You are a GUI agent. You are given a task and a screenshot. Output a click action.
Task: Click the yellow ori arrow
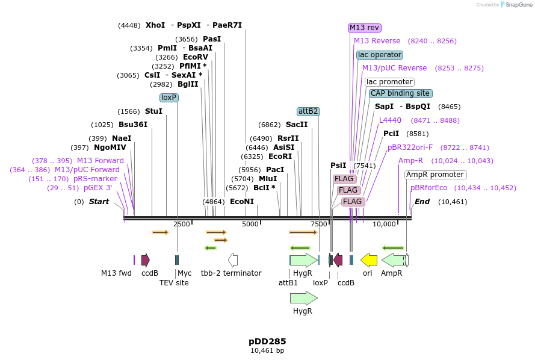click(x=368, y=259)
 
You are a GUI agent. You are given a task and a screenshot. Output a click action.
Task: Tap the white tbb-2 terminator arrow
click(x=233, y=259)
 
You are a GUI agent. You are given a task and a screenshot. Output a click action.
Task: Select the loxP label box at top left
click(x=169, y=98)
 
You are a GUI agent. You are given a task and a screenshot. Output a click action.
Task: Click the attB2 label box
click(x=309, y=111)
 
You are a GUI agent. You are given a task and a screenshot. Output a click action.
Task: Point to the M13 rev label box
click(x=365, y=28)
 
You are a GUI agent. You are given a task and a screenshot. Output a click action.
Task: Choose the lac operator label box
click(x=379, y=55)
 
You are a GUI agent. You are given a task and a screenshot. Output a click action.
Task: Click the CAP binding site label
click(x=400, y=93)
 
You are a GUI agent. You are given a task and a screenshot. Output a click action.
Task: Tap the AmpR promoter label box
click(x=435, y=175)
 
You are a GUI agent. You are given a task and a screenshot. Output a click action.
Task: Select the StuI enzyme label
click(x=153, y=111)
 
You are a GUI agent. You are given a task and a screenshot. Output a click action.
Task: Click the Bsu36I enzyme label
click(x=133, y=125)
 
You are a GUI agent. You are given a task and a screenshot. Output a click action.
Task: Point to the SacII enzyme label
click(x=297, y=125)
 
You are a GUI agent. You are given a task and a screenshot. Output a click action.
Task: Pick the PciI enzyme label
click(x=391, y=134)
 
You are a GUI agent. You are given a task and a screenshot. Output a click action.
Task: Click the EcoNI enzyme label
click(x=242, y=202)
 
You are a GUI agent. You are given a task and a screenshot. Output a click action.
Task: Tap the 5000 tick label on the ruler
click(x=250, y=224)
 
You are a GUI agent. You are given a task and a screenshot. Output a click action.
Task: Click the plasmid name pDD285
click(x=267, y=341)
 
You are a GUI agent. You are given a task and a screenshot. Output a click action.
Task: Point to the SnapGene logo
click(x=515, y=5)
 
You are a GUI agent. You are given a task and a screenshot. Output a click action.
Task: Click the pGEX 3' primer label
click(x=97, y=188)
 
